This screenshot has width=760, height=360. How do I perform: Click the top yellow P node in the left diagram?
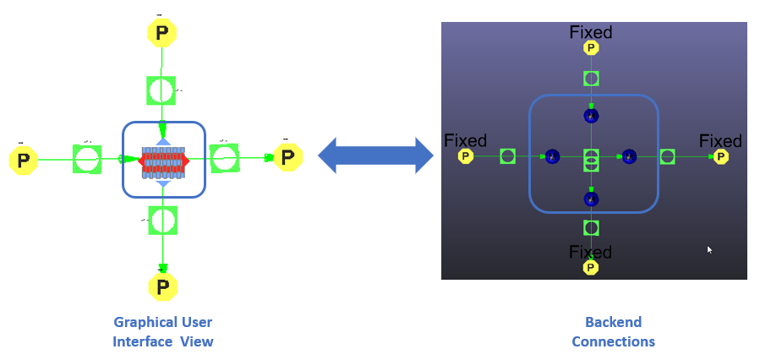(161, 33)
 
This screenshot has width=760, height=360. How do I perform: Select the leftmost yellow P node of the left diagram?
(24, 160)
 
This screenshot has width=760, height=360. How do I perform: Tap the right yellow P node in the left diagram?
(287, 157)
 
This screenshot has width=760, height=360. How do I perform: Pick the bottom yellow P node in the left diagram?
(162, 287)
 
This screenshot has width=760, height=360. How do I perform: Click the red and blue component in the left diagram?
(163, 160)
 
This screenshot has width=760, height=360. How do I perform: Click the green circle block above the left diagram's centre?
(161, 90)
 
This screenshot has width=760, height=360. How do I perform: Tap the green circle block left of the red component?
(87, 159)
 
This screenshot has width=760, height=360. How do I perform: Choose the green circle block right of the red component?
(224, 157)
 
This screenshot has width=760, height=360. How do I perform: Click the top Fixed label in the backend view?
(591, 33)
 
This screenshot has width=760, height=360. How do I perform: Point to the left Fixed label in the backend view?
(465, 140)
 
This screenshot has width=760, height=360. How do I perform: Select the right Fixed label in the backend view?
(720, 140)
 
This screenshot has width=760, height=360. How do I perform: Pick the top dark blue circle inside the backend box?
(591, 116)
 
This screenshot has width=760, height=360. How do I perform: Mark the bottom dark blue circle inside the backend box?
(591, 199)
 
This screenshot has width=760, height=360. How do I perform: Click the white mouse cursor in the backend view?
(710, 250)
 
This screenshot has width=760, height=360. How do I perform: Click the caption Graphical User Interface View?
(162, 331)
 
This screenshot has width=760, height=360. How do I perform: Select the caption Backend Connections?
(613, 331)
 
